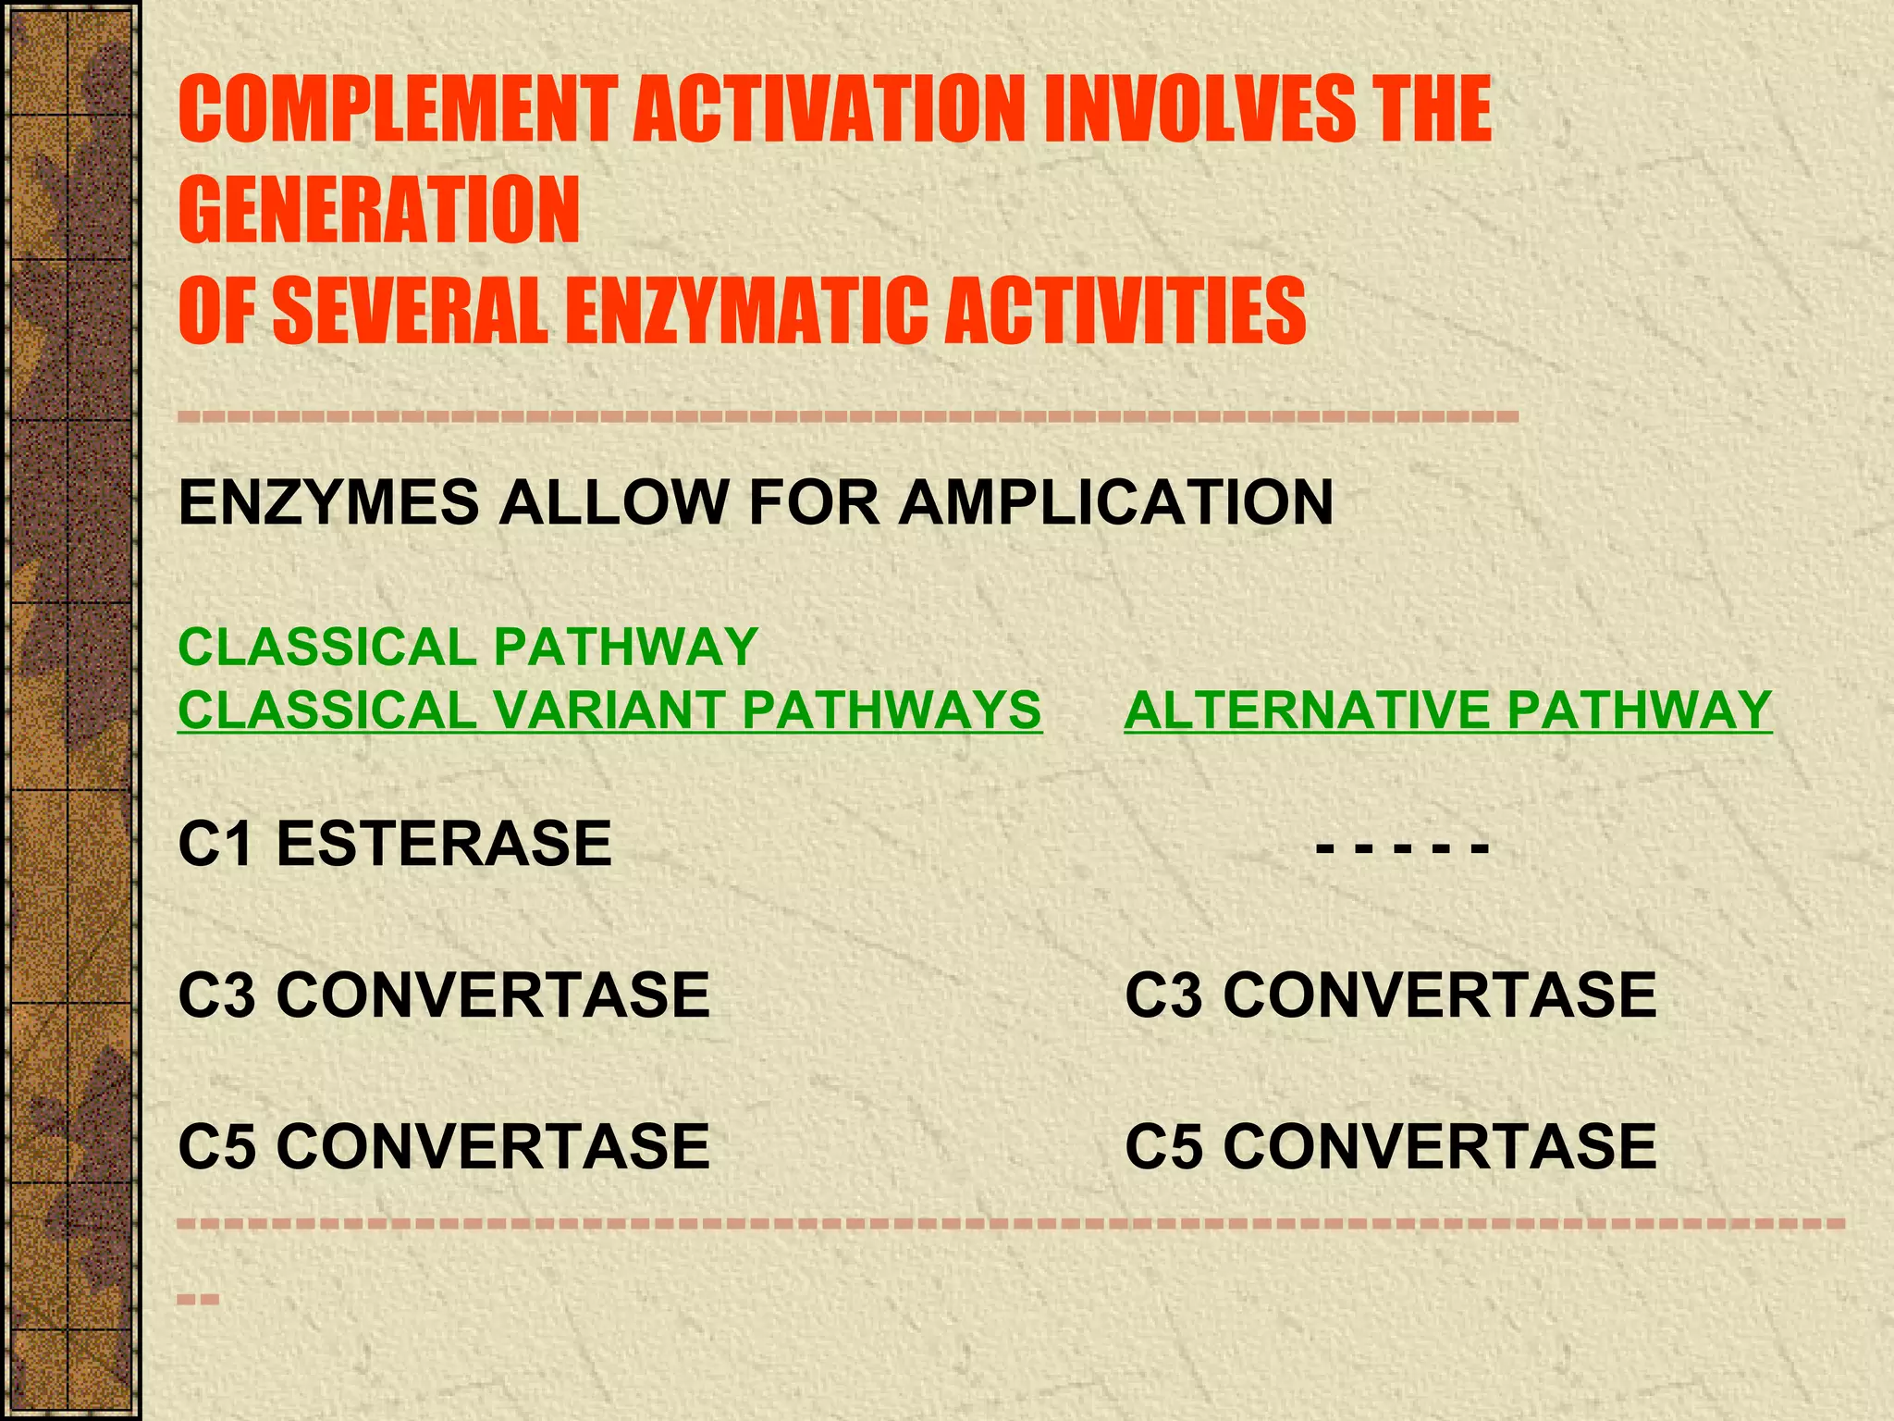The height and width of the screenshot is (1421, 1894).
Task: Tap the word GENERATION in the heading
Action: click(379, 210)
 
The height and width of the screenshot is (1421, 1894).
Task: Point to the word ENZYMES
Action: click(328, 502)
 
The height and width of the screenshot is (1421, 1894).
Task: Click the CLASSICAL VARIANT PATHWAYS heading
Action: click(609, 710)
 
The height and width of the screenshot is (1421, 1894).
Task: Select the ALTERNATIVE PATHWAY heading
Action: click(1447, 710)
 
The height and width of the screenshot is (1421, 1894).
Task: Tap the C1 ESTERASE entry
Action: click(395, 843)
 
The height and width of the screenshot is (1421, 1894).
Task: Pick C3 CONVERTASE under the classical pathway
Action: click(444, 995)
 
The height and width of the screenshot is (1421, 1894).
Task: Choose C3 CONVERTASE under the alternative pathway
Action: click(1390, 995)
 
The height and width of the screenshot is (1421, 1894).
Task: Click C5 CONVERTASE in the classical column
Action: click(444, 1145)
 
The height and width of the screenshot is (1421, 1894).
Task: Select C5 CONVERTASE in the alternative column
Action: click(1390, 1145)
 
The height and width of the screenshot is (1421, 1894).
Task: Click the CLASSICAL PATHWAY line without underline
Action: click(468, 646)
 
